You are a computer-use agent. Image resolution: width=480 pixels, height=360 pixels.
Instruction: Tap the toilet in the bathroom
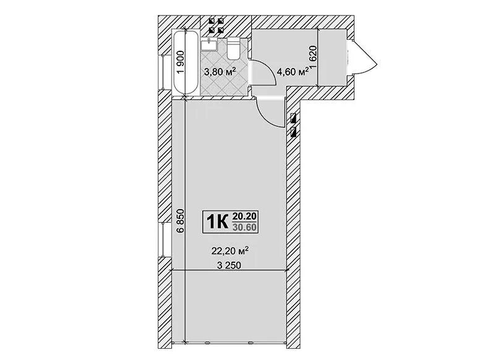tap(234, 49)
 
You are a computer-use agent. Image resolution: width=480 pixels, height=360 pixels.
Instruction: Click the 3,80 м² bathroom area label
tap(220, 72)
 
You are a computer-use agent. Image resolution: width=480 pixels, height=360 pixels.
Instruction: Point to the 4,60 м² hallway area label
tap(293, 72)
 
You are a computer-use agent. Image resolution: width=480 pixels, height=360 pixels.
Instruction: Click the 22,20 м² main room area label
tap(229, 251)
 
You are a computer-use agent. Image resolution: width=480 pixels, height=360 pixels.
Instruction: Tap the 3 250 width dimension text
tap(229, 265)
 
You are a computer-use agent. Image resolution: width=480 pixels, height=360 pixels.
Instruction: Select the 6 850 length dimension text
tap(181, 221)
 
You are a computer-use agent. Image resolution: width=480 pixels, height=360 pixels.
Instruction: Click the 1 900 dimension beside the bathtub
tap(181, 62)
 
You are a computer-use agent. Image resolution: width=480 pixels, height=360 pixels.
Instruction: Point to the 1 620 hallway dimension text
tap(312, 57)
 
